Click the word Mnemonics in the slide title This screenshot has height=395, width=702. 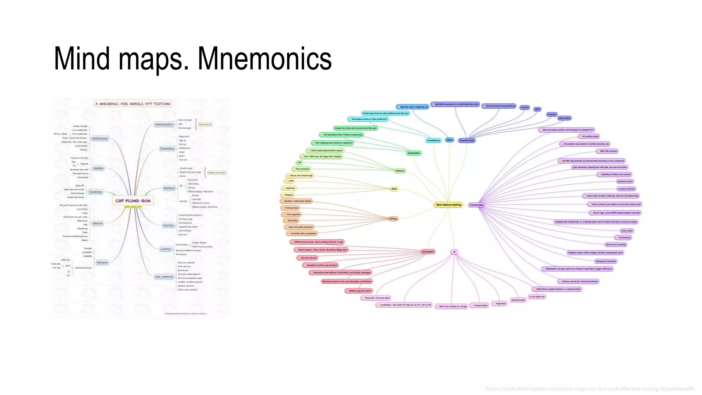264,59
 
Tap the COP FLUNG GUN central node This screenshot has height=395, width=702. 133,201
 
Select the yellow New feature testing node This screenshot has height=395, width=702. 448,205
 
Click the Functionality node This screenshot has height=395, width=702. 476,205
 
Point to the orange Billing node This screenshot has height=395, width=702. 393,219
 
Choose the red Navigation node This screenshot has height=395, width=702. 428,252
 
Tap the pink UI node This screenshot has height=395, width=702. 454,252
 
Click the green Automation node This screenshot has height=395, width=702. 414,153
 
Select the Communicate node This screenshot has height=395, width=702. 467,140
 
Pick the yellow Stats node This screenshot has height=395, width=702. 394,189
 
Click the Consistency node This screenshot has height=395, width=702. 434,140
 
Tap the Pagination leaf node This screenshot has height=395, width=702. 500,303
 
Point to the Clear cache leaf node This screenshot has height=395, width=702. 627,231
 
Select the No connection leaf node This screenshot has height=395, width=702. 302,169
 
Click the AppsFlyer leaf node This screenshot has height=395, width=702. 290,188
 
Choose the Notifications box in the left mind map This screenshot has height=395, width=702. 100,139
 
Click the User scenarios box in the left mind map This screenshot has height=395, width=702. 164,277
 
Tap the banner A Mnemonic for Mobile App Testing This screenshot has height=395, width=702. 133,104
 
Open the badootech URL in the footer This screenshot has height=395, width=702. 590,389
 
